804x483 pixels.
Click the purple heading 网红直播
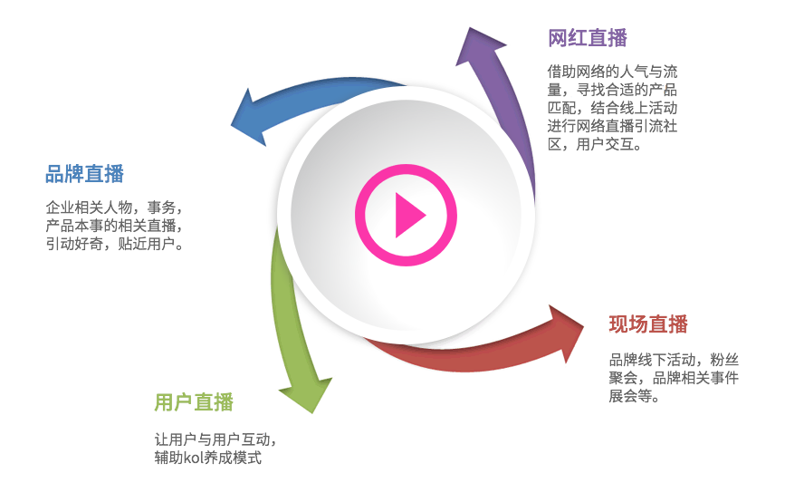tap(588, 38)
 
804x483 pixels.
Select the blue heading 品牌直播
tap(84, 174)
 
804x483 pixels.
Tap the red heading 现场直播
tap(648, 324)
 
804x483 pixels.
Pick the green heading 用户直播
tap(194, 402)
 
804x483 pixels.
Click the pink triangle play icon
tap(407, 216)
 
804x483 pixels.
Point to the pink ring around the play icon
tap(363, 216)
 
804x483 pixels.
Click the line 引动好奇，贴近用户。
tap(115, 244)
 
